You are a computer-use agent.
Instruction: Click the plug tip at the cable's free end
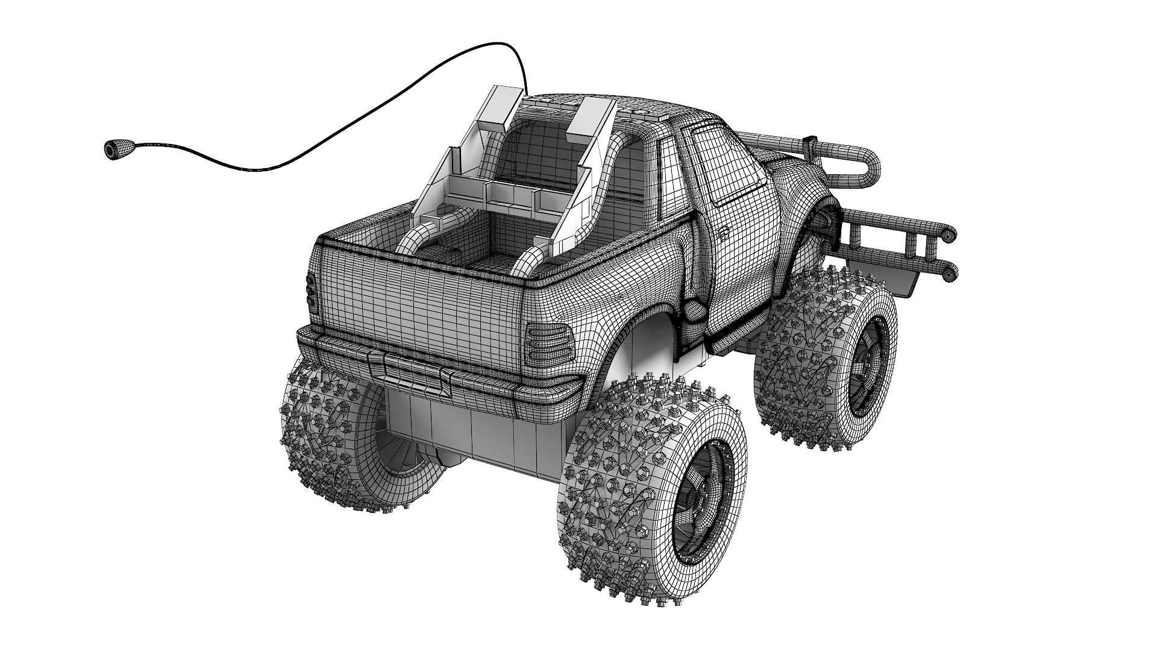[x=113, y=149]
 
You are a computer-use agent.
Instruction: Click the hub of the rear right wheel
[x=701, y=514]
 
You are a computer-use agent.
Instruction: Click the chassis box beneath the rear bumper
[x=476, y=431]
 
